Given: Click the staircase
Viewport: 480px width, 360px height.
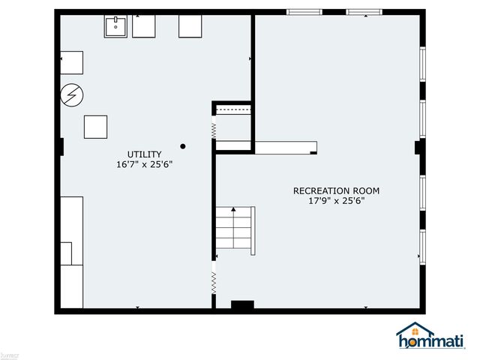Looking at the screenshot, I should click(x=235, y=229).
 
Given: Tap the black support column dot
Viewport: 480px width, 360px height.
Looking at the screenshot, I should click(x=182, y=145).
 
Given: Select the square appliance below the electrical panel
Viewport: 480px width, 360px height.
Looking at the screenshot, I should click(x=95, y=126).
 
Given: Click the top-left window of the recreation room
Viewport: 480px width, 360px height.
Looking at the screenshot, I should click(x=304, y=12).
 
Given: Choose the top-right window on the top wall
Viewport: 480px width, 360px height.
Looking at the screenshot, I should click(x=363, y=12).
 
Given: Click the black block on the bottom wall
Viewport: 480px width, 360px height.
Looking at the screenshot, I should click(x=242, y=305).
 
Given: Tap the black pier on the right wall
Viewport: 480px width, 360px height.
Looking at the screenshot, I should click(x=418, y=147).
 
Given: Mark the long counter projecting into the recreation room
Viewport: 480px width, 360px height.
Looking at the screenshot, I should click(x=285, y=147).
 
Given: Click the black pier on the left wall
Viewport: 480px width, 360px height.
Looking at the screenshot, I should click(x=60, y=146).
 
